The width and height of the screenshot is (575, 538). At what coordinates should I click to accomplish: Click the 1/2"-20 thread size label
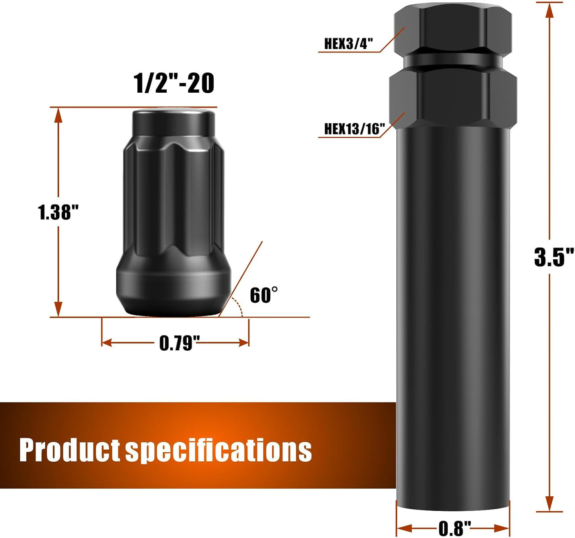[174, 84]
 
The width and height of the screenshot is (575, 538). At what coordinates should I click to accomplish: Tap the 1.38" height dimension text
[58, 212]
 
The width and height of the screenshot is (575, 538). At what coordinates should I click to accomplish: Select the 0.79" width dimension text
[179, 343]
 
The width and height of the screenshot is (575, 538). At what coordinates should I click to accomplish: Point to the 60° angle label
[263, 295]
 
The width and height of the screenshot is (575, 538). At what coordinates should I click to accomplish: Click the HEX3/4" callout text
[348, 44]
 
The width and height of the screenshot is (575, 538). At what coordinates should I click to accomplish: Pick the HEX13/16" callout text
[355, 129]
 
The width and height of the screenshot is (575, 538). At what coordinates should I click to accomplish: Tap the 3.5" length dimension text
[554, 257]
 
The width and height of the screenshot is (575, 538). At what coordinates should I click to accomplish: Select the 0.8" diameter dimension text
[455, 528]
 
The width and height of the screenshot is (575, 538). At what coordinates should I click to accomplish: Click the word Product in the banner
[70, 450]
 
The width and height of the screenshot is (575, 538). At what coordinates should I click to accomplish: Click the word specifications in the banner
[218, 451]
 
